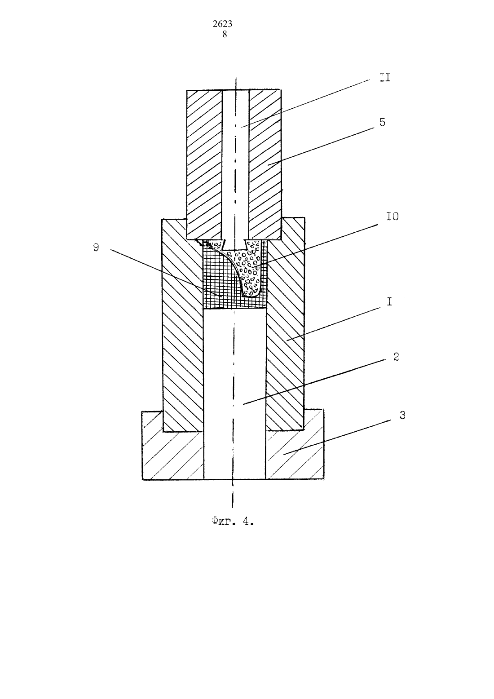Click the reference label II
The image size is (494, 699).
pos(384,78)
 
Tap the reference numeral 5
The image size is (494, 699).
pos(382,122)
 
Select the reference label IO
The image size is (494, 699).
pos(392,217)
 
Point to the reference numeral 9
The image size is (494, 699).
pos(97,248)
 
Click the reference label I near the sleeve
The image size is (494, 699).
pos(389,302)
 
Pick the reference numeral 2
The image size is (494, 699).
pos(396,357)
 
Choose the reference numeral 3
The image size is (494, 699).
pos(402,416)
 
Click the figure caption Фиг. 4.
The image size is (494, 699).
pos(232,522)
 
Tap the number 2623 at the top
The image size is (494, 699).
pos(222,24)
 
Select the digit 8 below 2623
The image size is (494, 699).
pos(225,34)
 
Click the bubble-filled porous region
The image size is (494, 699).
pos(250,267)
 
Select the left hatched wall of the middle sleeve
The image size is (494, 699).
pos(182,324)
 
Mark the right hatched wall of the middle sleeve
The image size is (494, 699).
pos(285,324)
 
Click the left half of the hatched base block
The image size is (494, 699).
pos(172,455)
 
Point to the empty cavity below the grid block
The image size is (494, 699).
pos(234,393)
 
